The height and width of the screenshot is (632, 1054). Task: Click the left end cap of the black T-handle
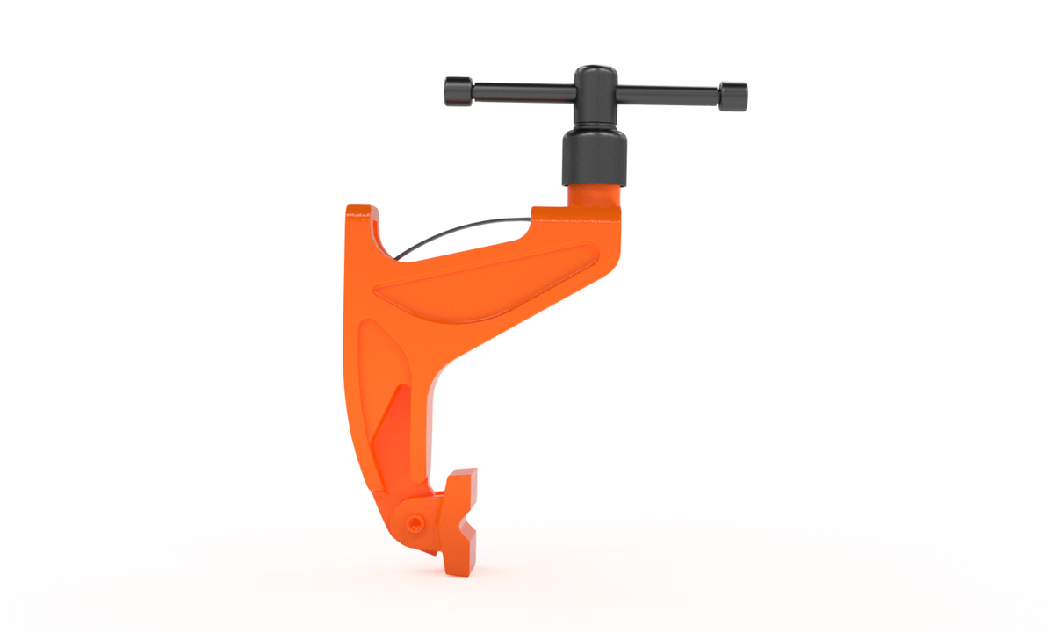(458, 90)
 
